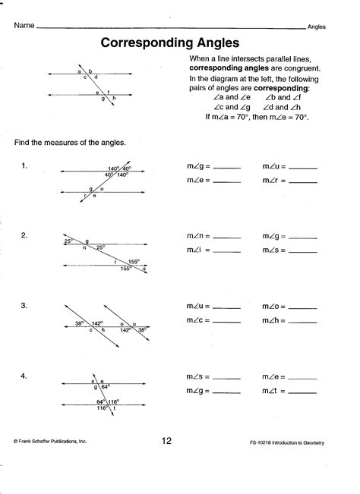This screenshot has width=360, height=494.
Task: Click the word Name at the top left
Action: [24, 26]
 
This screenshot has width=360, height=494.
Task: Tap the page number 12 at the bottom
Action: [167, 439]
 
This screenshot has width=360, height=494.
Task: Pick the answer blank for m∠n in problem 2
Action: [227, 238]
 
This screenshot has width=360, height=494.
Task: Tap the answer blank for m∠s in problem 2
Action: [304, 251]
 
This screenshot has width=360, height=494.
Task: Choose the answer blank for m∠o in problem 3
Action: [304, 307]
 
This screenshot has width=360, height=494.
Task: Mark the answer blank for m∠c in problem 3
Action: [227, 321]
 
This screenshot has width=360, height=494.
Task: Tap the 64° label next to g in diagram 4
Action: [106, 387]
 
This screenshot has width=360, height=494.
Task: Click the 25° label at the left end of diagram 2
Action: [68, 241]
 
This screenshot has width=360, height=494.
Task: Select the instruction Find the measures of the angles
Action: [69, 143]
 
